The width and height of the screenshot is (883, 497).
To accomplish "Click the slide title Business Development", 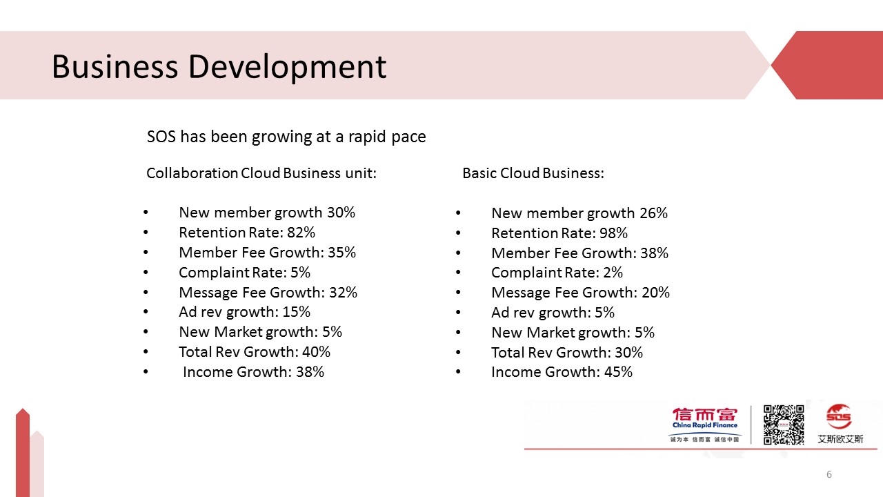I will click(219, 67).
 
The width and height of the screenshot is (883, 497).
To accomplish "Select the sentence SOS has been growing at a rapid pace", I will click(286, 137).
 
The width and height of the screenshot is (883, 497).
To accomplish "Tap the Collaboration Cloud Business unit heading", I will click(261, 173).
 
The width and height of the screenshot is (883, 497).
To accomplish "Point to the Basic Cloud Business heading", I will click(533, 173).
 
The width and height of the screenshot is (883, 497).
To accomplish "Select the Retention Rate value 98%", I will click(613, 233).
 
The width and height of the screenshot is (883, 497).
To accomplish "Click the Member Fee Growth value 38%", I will click(654, 253).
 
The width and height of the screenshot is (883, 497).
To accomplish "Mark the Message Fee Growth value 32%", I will click(343, 293).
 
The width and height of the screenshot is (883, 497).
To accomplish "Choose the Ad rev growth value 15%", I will click(297, 312).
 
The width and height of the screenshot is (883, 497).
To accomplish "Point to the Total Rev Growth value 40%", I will click(316, 352).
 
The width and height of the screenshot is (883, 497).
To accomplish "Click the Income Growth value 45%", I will click(618, 372).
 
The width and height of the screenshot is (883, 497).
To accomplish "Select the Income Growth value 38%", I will click(310, 372).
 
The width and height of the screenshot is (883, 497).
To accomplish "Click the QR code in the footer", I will click(783, 425).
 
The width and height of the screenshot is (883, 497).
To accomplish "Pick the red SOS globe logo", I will click(839, 418).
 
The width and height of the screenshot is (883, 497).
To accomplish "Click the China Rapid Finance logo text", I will click(705, 425).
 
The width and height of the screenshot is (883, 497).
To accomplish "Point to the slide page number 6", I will click(829, 474).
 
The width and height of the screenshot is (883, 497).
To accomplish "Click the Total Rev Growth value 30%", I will click(628, 353).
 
